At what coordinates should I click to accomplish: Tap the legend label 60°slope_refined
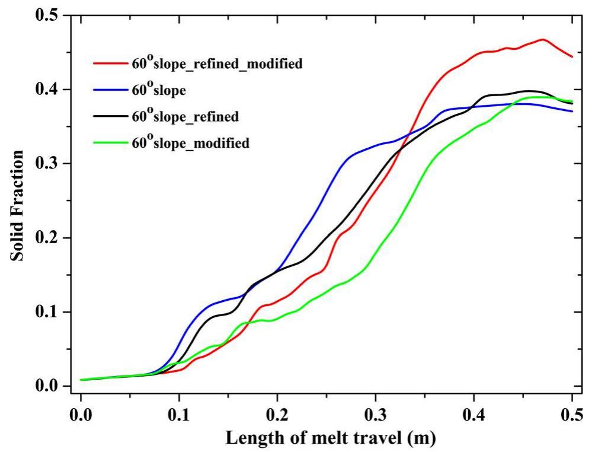pos(187,116)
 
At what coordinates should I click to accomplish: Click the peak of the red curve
pos(543,40)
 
